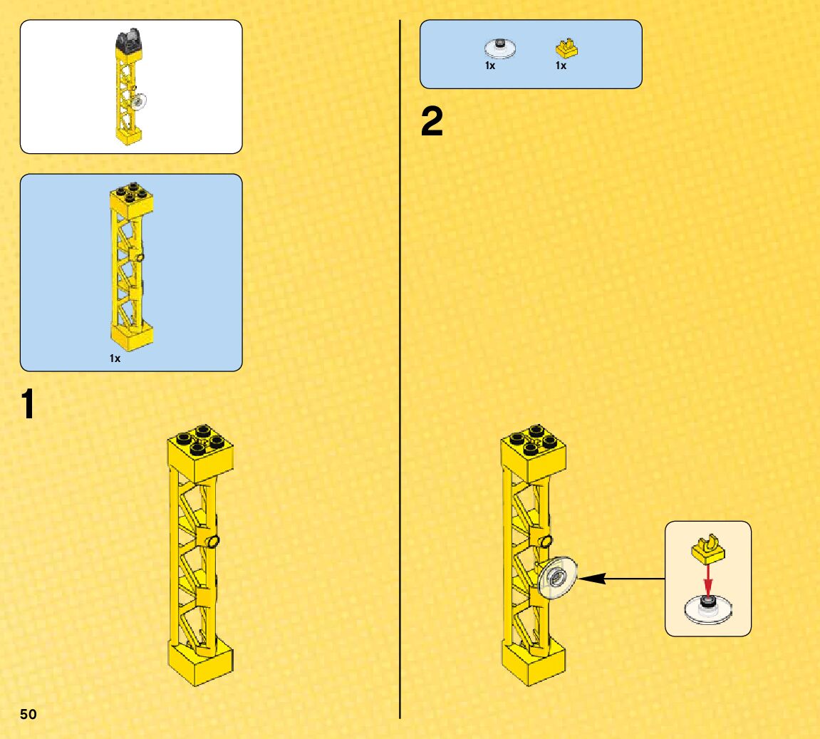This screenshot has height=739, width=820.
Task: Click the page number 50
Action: tap(28, 714)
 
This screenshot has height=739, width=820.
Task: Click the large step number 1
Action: tap(28, 404)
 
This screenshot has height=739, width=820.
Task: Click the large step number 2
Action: tap(432, 123)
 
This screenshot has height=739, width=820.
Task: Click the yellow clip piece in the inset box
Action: tap(707, 547)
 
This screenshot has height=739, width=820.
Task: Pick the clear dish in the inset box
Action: tap(707, 609)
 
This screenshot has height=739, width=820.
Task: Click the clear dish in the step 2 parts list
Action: tap(500, 48)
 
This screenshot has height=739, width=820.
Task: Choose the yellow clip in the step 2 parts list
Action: tap(566, 48)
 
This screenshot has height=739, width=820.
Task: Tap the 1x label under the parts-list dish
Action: tap(490, 66)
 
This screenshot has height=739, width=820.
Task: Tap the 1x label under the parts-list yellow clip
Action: tap(561, 66)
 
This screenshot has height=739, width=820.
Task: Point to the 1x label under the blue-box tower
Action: tap(115, 359)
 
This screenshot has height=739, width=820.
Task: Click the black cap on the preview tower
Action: tap(129, 40)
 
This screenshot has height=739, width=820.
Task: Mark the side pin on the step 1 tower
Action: tap(212, 542)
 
